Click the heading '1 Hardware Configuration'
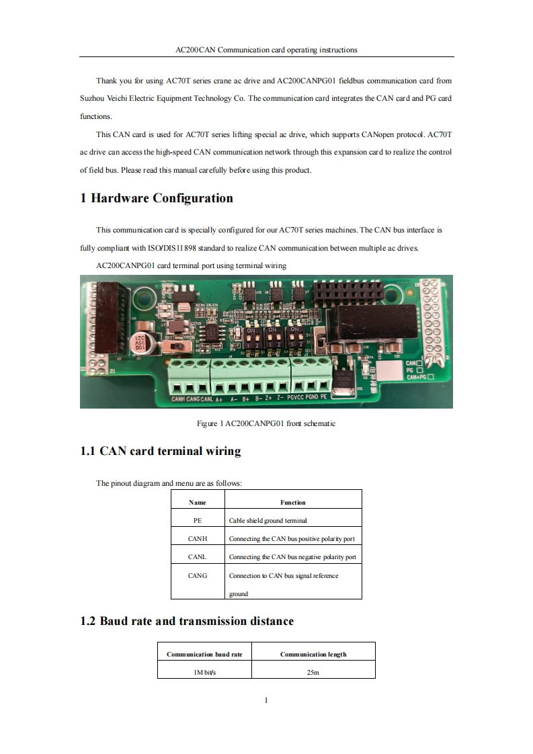157,198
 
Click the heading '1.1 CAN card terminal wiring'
160,451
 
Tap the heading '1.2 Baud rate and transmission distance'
187,621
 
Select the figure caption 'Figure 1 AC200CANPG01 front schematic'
265,423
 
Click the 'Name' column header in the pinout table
198,502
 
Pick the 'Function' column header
292,502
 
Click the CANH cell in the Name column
198,538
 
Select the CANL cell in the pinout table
198,556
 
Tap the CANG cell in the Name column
198,575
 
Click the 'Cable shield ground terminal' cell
268,520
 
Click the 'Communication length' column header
313,654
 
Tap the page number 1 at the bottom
266,700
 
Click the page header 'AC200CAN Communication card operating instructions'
266,50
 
